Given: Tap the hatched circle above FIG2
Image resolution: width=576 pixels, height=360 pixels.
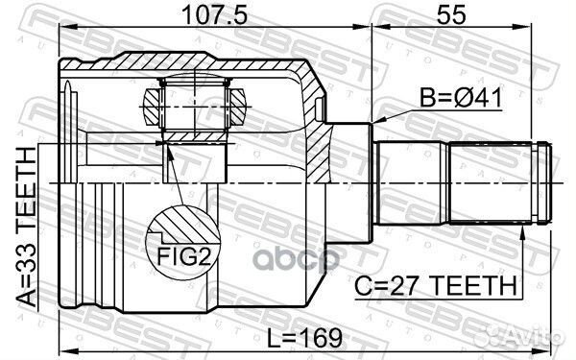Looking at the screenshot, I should point(178,228).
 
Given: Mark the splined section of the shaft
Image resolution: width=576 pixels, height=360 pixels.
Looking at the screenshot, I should point(492,182).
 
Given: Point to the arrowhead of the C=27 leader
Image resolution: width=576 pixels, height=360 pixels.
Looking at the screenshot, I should point(524,230).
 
